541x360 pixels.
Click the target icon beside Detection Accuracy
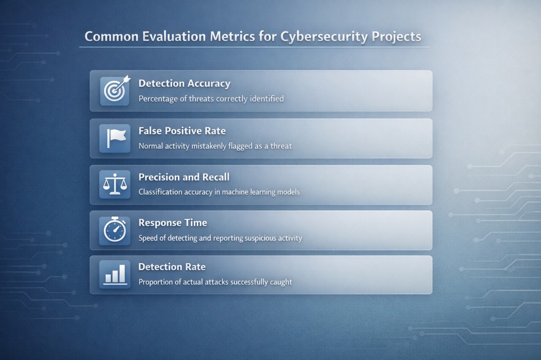pos(115,91)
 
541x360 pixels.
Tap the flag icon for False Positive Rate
pos(115,138)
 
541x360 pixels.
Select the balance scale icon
pos(115,184)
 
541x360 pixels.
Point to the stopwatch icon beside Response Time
pos(115,230)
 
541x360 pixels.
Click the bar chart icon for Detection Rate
pos(115,275)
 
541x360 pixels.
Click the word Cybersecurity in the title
pos(324,37)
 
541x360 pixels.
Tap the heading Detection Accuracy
pos(184,84)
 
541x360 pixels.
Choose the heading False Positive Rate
pos(182,131)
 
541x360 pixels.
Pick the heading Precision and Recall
pos(184,177)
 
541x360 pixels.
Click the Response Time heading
pos(173,223)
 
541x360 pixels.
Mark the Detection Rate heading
pos(172,267)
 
